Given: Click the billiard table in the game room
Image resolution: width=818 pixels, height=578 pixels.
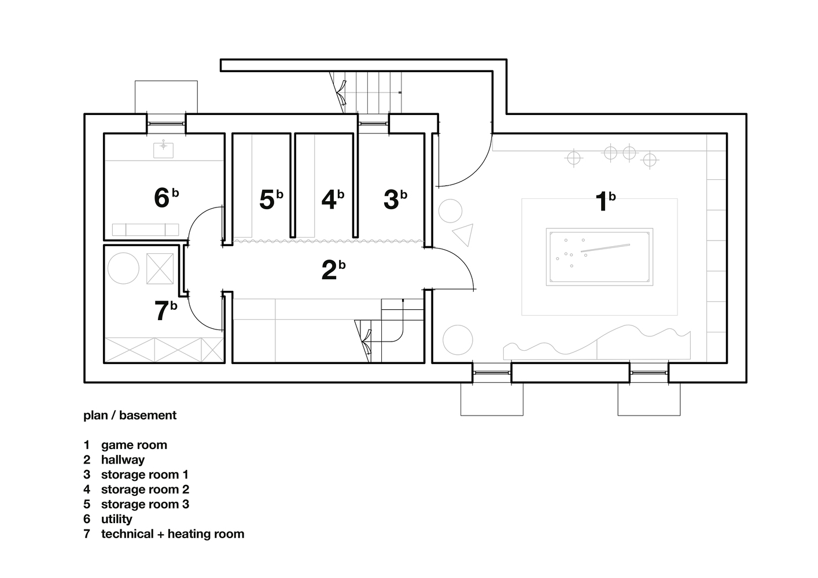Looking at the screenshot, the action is pyautogui.click(x=599, y=257).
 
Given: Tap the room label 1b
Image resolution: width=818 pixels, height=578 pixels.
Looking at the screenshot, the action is pyautogui.click(x=605, y=201).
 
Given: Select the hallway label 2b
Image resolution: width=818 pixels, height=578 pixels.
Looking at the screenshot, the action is pyautogui.click(x=333, y=270).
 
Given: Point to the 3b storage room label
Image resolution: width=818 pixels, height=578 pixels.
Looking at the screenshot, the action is pyautogui.click(x=395, y=199).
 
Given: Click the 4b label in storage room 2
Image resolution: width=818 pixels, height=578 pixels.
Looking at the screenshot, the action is pyautogui.click(x=333, y=199).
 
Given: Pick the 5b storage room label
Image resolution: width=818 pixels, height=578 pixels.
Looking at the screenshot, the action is pyautogui.click(x=271, y=199).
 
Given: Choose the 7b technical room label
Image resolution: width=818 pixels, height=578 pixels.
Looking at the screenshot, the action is pyautogui.click(x=166, y=310).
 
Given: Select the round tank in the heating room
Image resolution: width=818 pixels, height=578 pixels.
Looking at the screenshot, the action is pyautogui.click(x=123, y=268).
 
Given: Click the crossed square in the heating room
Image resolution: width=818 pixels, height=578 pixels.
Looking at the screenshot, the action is pyautogui.click(x=160, y=269).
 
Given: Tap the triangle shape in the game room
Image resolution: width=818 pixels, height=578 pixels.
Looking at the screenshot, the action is pyautogui.click(x=463, y=234).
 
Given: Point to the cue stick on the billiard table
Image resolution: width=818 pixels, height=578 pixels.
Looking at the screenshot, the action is pyautogui.click(x=606, y=248).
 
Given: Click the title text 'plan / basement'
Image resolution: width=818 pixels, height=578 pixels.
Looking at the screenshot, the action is pyautogui.click(x=130, y=415).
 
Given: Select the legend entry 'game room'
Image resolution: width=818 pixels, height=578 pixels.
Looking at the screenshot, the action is pyautogui.click(x=134, y=445).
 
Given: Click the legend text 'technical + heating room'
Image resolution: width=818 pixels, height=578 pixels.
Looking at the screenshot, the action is pyautogui.click(x=173, y=534).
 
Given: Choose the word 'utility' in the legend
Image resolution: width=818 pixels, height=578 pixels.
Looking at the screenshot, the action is pyautogui.click(x=116, y=519).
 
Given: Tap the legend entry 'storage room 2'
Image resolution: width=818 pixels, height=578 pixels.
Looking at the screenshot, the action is pyautogui.click(x=145, y=490).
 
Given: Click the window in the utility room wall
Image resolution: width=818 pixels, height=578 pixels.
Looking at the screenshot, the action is pyautogui.click(x=166, y=124).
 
